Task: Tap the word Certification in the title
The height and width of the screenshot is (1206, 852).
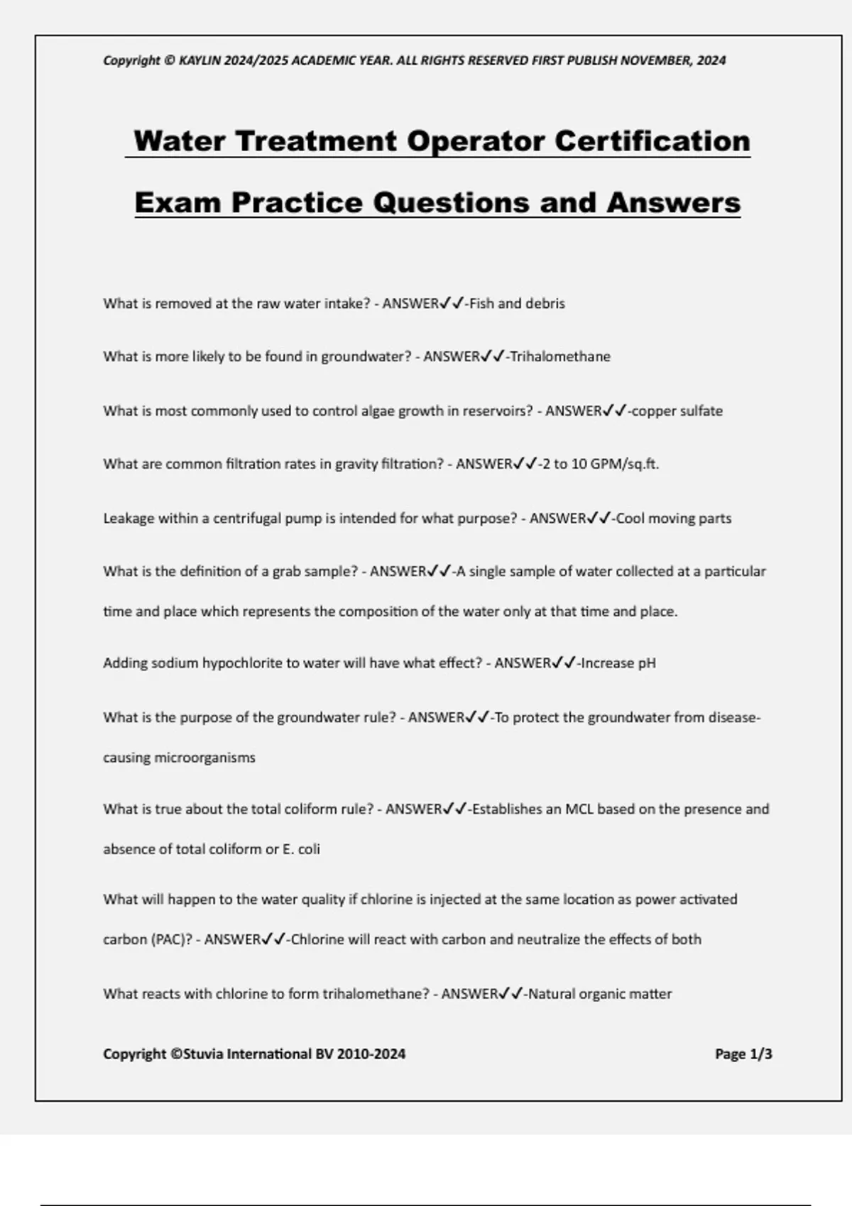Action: [652, 140]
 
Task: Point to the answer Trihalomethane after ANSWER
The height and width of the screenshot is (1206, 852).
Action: [560, 357]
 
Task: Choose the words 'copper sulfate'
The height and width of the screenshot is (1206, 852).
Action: [677, 411]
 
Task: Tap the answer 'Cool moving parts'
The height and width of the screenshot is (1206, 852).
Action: [673, 519]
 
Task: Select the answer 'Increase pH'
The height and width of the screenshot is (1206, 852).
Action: [618, 663]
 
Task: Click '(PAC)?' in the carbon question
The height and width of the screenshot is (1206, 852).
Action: [171, 939]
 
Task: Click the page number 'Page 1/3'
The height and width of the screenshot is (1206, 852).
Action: [743, 1054]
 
